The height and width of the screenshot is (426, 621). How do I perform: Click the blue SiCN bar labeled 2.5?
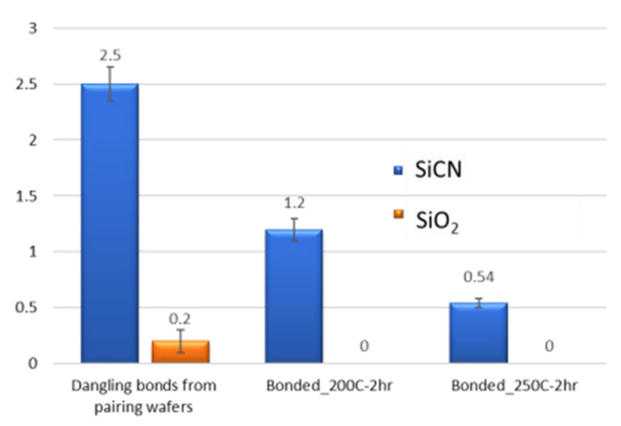tap(110, 222)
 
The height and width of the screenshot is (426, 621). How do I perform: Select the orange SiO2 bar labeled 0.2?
tap(180, 352)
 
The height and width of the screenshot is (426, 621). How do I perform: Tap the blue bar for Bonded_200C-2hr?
tap(294, 296)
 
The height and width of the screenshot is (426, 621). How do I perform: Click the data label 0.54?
tap(479, 277)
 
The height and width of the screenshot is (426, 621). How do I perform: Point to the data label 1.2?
tap(294, 203)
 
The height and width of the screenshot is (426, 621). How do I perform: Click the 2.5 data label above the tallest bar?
tap(110, 56)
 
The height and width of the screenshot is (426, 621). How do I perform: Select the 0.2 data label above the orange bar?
tap(180, 319)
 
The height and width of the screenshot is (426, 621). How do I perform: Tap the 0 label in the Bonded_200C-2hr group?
tap(364, 346)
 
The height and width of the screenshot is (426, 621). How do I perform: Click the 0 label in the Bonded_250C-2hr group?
tap(549, 346)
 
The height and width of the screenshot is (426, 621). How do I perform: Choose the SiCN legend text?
tap(438, 170)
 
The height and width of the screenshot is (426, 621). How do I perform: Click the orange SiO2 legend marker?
tap(398, 214)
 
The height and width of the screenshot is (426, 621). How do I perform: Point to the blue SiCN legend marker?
tap(398, 170)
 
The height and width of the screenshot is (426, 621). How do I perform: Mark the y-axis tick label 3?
tap(33, 28)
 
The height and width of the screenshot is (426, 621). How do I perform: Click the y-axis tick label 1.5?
tap(27, 197)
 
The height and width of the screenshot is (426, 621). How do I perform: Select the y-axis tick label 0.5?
tap(27, 308)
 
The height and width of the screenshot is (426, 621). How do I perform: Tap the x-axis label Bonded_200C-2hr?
tap(329, 386)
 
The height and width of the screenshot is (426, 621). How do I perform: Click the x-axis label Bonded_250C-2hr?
tap(514, 386)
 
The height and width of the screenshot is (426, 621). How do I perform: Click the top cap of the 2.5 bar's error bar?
tap(110, 67)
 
